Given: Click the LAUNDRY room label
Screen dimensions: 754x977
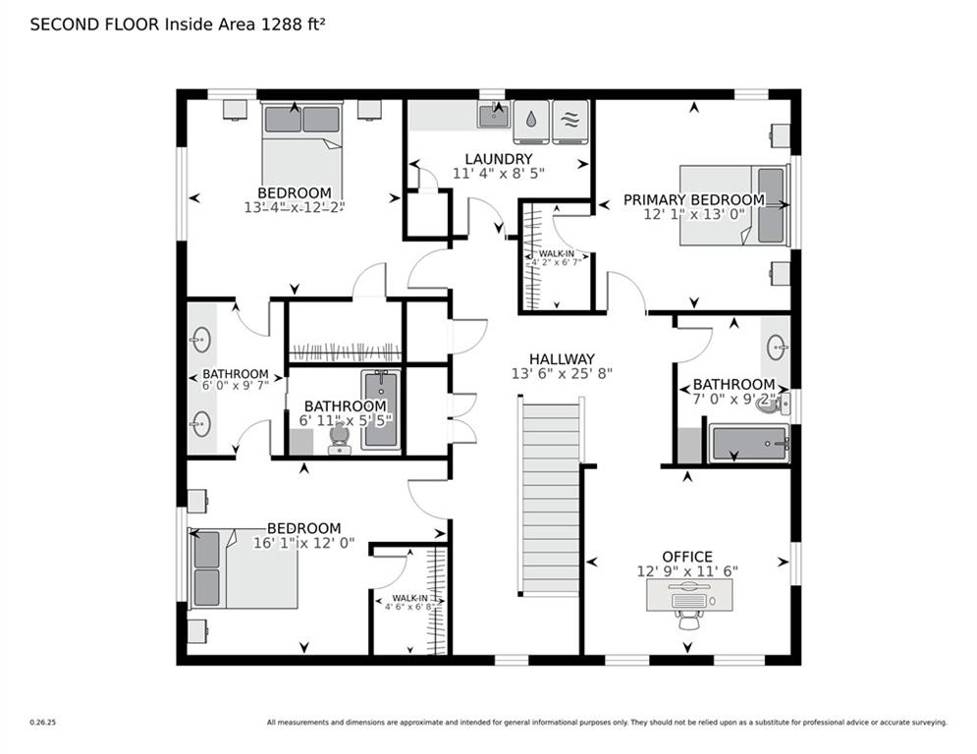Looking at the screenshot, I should point(498,159).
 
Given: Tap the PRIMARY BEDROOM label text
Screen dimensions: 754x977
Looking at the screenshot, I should point(693,200).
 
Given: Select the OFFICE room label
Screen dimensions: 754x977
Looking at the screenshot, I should point(687,557).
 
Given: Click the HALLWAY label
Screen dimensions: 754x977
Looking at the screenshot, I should point(562,359).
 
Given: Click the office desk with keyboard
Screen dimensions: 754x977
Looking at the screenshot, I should point(688,594).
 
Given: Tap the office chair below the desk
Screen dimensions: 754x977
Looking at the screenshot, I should point(688,619).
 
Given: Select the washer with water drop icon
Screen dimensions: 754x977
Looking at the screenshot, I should point(531,121).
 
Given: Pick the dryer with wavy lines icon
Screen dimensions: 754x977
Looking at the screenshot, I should point(570,121).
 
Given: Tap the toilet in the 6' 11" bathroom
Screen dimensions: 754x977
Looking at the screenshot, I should point(340,437).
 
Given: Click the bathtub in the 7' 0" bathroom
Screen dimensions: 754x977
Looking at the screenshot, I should point(748,444).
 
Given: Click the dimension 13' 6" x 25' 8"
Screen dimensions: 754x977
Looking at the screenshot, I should point(562,374).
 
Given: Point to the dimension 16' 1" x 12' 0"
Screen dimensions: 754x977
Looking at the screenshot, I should point(303,543).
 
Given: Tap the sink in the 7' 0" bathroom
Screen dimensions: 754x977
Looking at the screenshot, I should point(776,346).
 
